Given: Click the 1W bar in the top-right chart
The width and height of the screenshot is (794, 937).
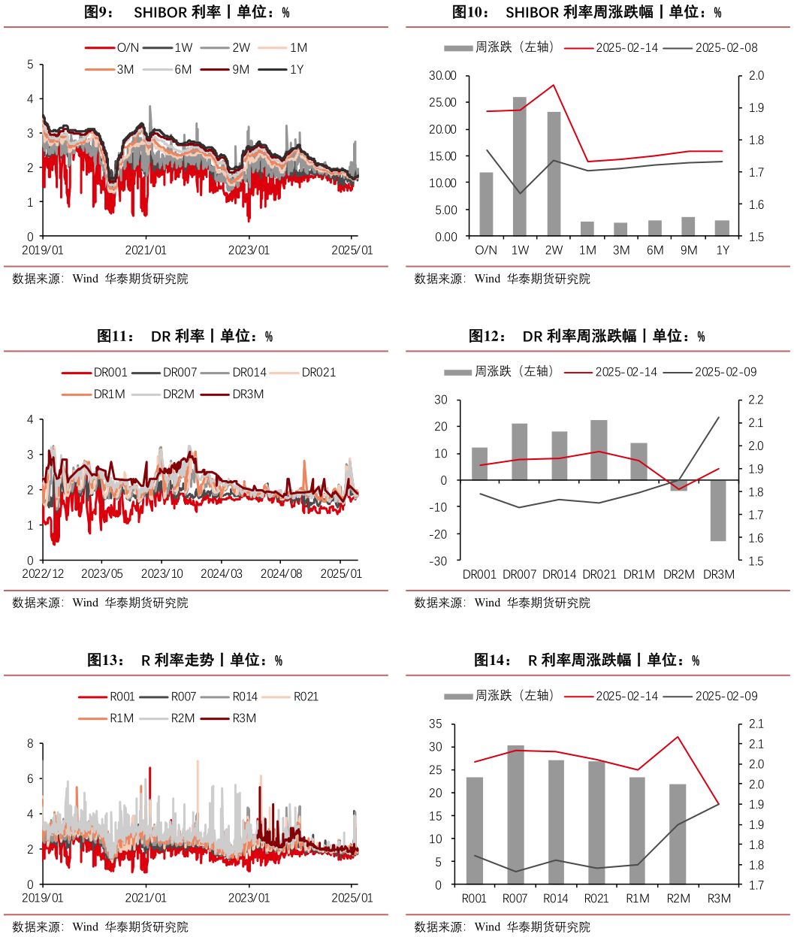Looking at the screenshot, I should click(x=520, y=166).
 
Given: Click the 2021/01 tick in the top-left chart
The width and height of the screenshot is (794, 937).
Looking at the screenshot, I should click(x=146, y=250).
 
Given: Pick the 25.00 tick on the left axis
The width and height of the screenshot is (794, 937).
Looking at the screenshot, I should click(x=442, y=102).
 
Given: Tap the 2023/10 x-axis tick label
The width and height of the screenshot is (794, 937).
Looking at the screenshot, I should click(x=162, y=574).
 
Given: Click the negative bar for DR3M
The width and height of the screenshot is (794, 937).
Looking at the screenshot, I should click(x=719, y=510).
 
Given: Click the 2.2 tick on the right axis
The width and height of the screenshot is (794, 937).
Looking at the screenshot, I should click(x=753, y=400).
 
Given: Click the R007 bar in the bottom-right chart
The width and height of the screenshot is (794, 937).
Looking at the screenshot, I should click(x=515, y=815).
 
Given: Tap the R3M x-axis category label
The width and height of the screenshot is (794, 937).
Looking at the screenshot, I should click(x=719, y=898).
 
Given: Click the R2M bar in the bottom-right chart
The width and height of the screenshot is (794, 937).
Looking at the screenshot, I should click(x=678, y=834).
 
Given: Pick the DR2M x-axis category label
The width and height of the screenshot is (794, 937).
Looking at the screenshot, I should click(x=679, y=574).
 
